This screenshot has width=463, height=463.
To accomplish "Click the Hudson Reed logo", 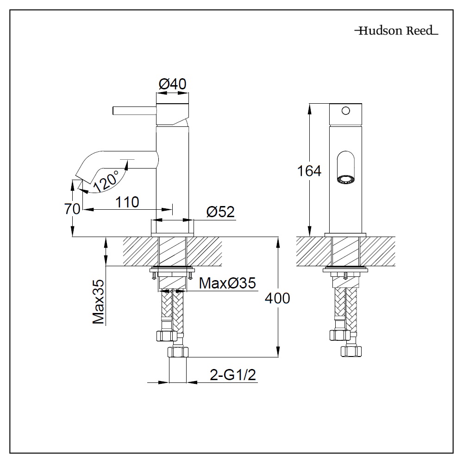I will tap(396, 31).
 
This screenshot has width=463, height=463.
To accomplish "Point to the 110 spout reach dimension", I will tap(127, 202).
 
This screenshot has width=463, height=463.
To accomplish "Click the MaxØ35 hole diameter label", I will tap(227, 283).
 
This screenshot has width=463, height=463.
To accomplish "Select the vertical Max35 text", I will tap(98, 301).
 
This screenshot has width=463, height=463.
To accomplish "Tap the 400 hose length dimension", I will tap(277, 298).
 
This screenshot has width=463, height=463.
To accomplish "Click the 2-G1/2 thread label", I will tap(233, 375).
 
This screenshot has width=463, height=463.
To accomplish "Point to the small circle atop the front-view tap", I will tap(345, 111).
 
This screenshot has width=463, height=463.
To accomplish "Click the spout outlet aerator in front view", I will tap(345, 179).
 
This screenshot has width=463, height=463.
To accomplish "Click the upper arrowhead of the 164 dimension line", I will tap(309, 107).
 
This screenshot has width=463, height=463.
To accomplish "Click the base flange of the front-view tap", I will tap(345, 234).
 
